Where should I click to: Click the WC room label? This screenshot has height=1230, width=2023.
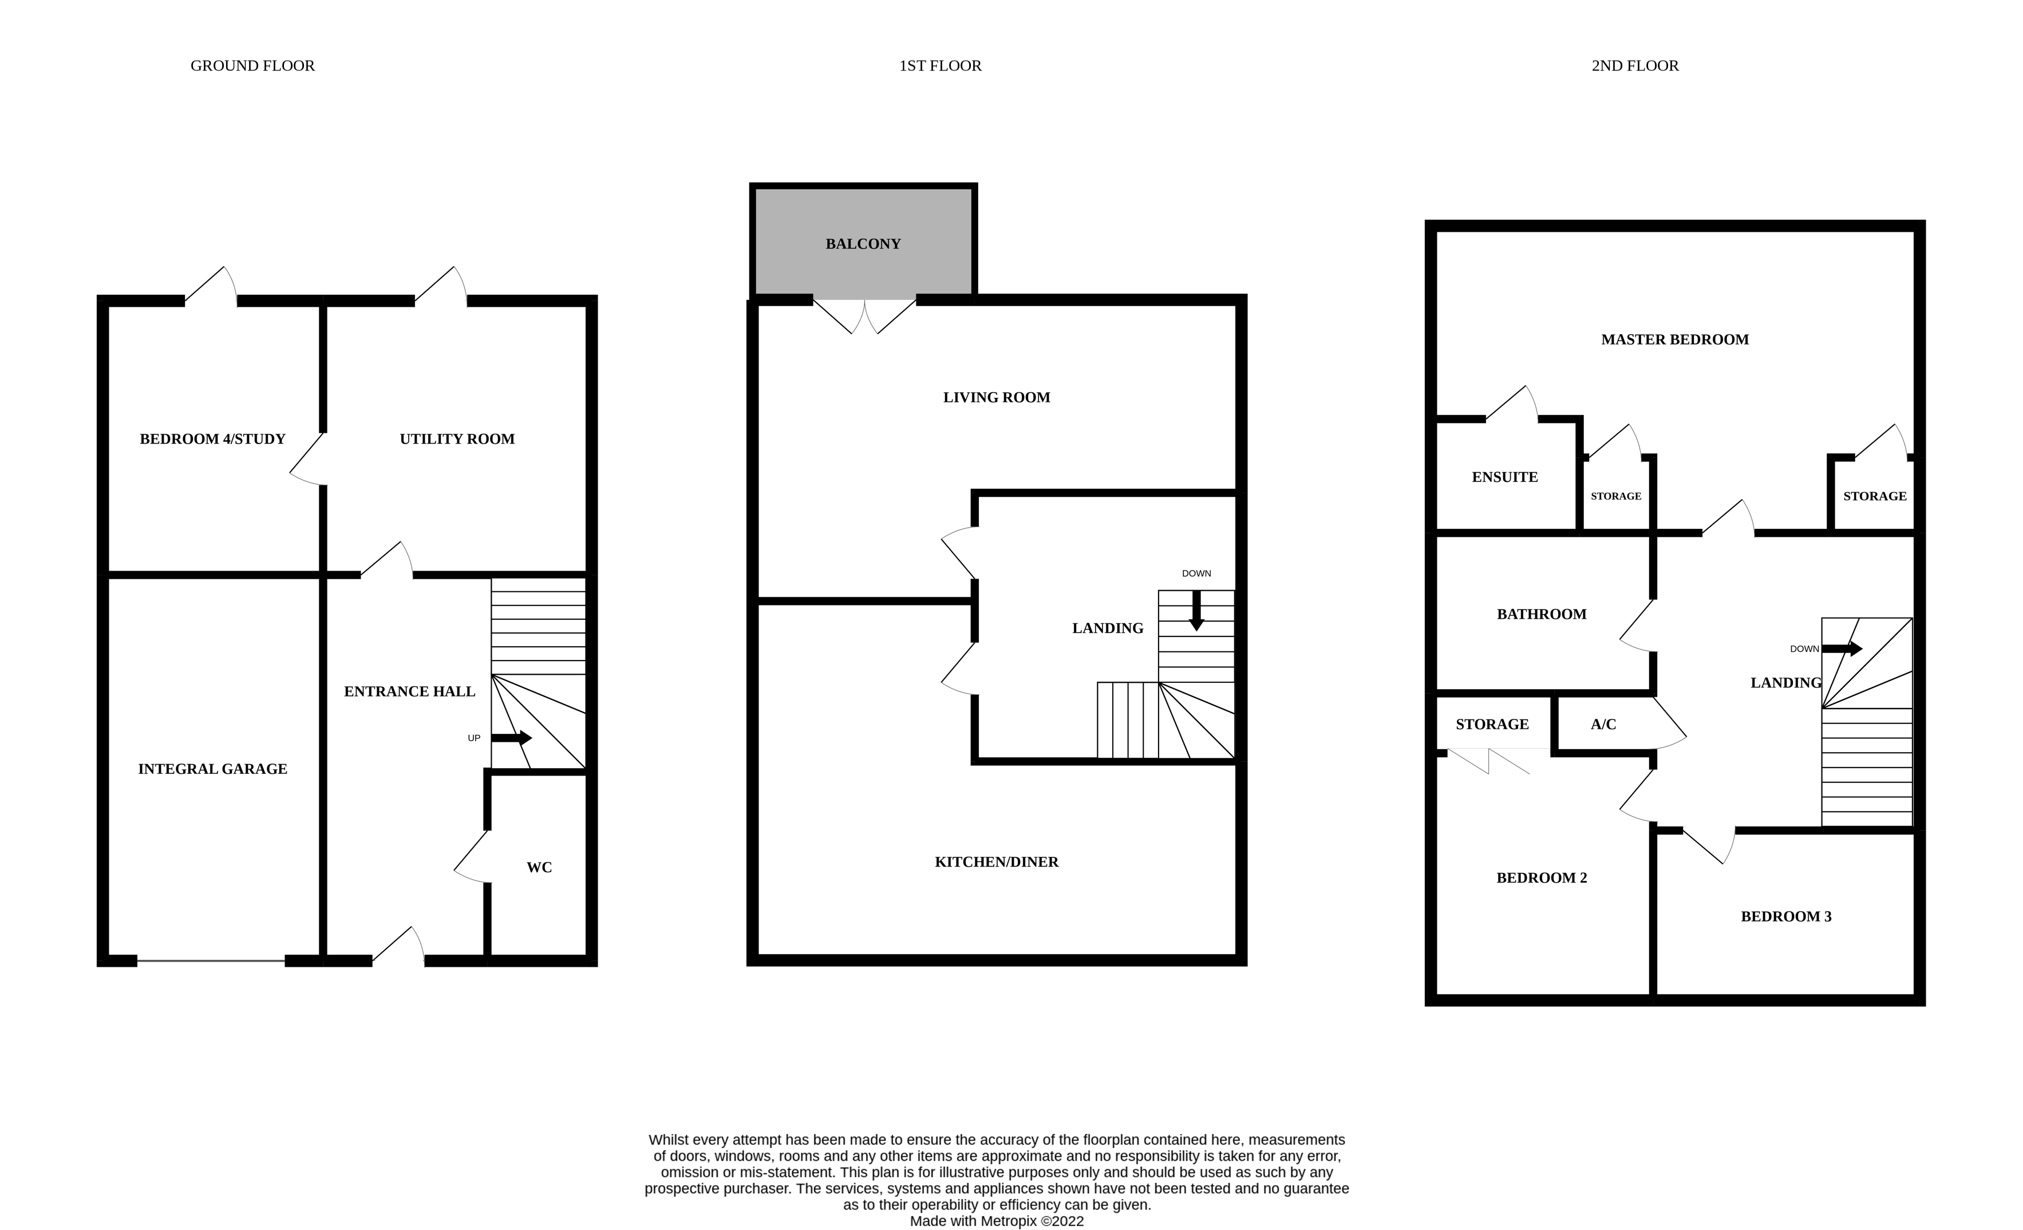point(539,867)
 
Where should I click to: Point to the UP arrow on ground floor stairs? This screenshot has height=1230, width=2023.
point(512,737)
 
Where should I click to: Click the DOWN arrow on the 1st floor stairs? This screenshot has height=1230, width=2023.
point(1196,611)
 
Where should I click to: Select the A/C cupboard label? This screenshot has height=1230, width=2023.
point(1603,724)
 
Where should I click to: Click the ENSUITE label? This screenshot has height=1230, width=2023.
point(1504,477)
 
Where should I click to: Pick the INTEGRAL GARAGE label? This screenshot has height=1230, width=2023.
point(212,769)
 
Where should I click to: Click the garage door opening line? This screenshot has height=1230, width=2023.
point(211,960)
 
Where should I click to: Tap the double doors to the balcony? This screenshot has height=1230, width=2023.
point(864,316)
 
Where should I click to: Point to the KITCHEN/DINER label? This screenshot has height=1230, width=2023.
point(996,861)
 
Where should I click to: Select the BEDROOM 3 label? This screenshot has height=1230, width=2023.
point(1786,916)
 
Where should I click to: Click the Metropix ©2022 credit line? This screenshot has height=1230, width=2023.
point(996,1221)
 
